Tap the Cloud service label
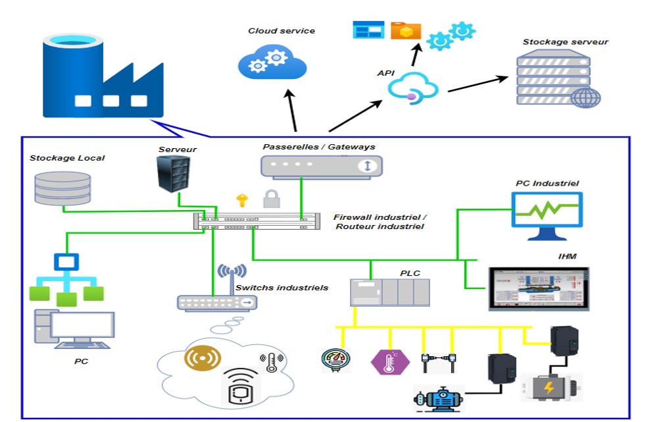281,31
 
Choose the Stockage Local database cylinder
62,187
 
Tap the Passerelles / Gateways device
321,166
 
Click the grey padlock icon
270,198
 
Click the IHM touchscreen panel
539,288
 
